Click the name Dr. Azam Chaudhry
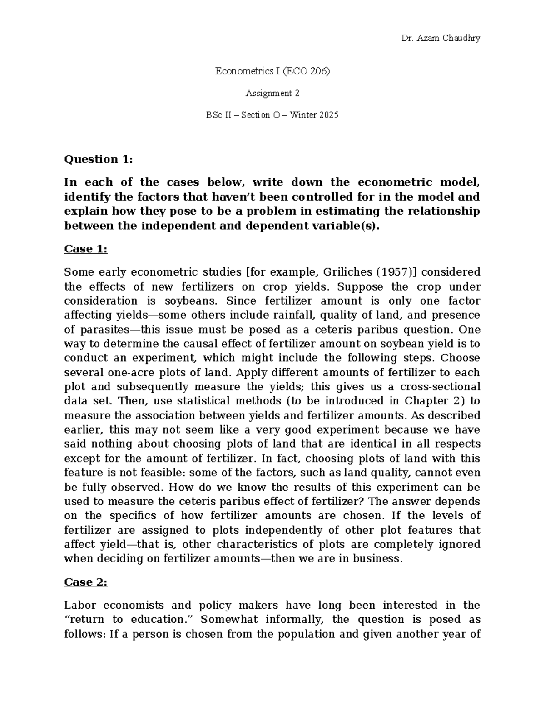[441, 38]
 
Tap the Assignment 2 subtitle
[272, 94]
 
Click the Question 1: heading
[99, 159]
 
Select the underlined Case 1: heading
[86, 249]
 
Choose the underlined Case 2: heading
[86, 582]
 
